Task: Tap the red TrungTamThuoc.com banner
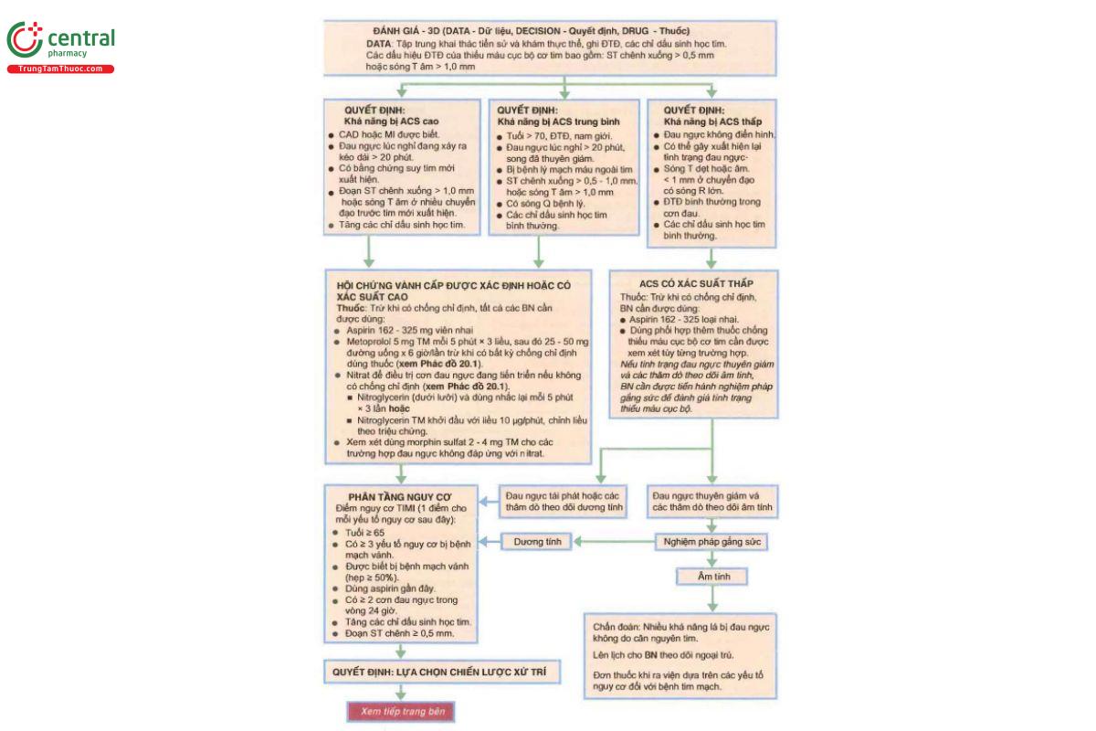61,69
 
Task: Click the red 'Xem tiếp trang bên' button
399,712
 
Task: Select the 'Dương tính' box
536,542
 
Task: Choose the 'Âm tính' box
711,577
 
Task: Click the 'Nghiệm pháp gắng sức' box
711,542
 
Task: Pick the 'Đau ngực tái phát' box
564,500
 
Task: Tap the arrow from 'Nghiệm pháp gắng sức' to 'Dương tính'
612,542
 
